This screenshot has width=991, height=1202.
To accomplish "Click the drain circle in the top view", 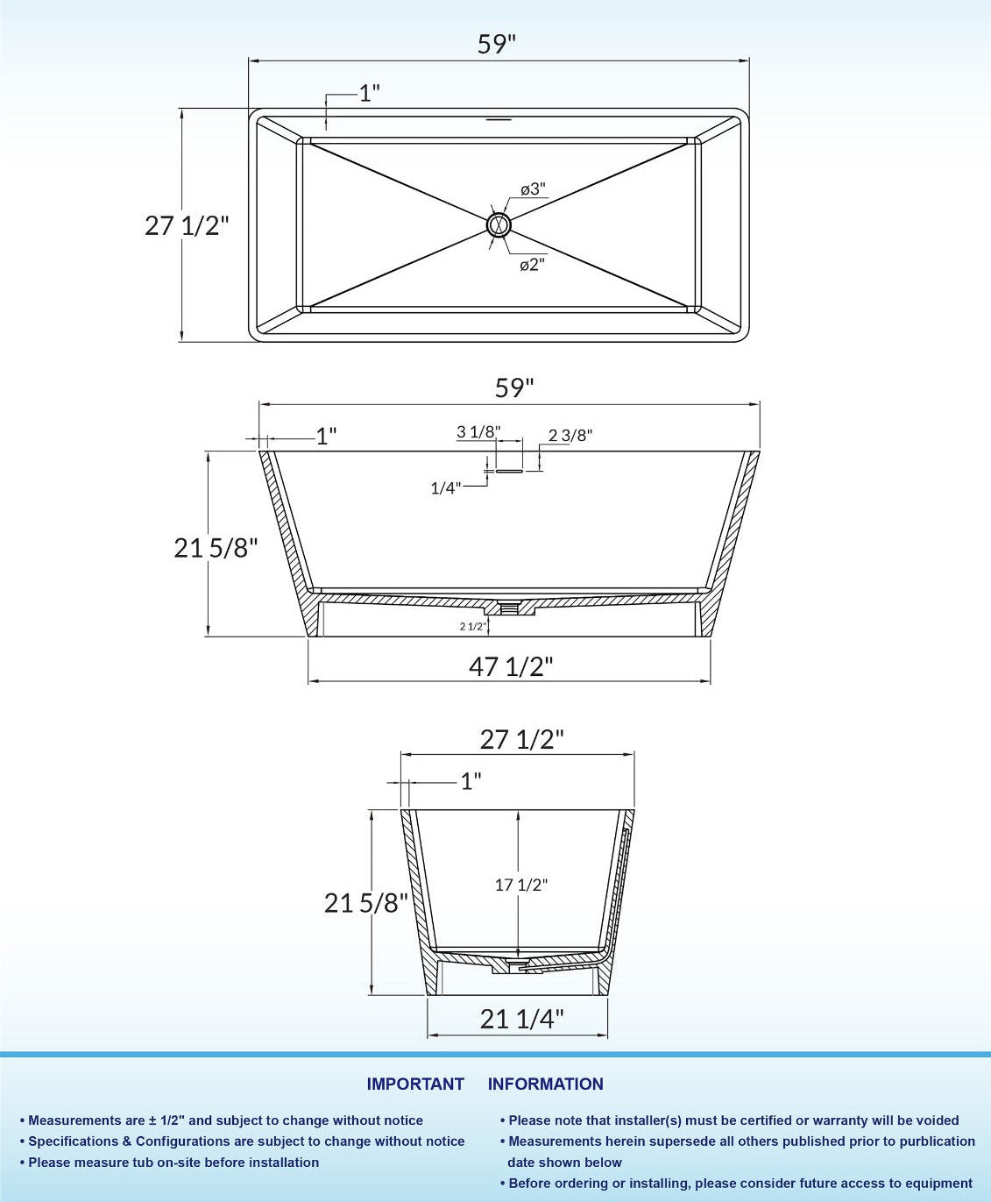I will point(499,224).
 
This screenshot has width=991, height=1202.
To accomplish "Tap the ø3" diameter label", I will point(533,189).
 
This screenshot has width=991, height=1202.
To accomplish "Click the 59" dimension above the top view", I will point(497,44).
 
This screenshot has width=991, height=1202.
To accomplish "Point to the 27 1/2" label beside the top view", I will point(187,225).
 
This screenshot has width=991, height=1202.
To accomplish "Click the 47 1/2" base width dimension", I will point(511,666).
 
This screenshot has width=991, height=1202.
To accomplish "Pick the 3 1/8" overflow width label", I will point(478,431).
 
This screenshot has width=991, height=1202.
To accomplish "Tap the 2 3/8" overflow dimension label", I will point(570,435).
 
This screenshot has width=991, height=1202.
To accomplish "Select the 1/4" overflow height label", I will point(445,487).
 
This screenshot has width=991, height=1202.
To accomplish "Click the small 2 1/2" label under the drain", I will point(473,626).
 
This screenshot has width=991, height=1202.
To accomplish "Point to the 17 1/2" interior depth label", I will point(520,885).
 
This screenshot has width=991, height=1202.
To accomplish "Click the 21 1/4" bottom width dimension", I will point(521,1018).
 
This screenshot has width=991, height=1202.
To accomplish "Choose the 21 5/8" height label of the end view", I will point(366,902).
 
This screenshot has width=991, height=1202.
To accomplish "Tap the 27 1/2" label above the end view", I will point(521,739).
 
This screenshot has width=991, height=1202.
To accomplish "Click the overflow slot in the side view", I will point(509,471).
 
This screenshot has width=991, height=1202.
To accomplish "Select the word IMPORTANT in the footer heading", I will point(415,1084).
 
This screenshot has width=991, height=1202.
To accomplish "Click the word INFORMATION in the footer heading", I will point(545,1084).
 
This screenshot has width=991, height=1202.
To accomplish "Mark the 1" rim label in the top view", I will point(369,93).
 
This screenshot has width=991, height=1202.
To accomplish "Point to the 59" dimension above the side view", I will point(514,388).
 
